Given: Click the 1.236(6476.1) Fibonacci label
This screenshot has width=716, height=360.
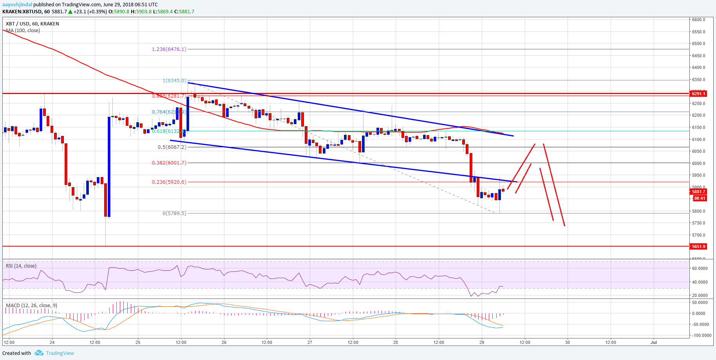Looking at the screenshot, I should [169, 49].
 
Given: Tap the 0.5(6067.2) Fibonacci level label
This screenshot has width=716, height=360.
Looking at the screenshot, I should [172, 147].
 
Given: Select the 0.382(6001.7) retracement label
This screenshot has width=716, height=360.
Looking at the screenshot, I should [169, 163].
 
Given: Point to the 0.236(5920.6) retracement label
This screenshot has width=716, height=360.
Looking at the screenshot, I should [169, 182].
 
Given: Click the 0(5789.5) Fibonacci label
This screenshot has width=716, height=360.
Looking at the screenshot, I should [174, 213].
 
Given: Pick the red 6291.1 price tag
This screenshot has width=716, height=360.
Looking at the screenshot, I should [698, 94].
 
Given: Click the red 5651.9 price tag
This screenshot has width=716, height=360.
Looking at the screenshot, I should [698, 246].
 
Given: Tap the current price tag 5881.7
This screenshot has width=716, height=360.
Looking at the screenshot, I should [698, 192].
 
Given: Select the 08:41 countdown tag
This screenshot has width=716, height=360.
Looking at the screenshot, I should [700, 198].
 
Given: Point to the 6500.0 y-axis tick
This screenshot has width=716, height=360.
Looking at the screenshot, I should [698, 43].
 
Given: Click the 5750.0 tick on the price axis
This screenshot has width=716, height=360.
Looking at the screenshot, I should [698, 223].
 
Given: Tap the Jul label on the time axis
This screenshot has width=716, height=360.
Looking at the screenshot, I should [653, 342].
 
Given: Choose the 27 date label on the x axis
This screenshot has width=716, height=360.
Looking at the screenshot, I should [309, 342].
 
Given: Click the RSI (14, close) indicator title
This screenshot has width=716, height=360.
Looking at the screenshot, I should [21, 266].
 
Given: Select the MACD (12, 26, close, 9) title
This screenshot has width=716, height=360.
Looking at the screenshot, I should [31, 306].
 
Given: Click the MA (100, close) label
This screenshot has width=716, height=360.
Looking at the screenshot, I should [23, 31].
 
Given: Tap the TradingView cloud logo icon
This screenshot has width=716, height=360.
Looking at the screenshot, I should [39, 353].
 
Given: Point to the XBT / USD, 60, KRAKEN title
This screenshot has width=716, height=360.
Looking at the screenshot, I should [33, 24].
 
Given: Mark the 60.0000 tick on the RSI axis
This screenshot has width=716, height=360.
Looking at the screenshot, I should [700, 268].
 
